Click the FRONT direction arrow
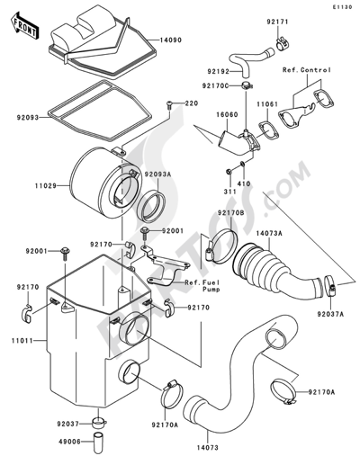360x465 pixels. point(23,25)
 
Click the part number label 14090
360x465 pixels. point(170,40)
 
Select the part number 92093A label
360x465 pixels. point(157,174)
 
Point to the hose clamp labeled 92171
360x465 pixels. point(282,44)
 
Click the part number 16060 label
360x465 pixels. point(227,115)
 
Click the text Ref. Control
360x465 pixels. point(307,70)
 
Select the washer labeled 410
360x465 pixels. point(242,164)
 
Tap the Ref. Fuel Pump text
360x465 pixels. point(202,286)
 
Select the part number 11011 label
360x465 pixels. point(22,341)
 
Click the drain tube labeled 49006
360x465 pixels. point(97,442)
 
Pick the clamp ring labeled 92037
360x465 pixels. point(98,423)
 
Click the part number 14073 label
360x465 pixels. point(208,448)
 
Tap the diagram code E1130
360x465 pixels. point(342,7)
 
